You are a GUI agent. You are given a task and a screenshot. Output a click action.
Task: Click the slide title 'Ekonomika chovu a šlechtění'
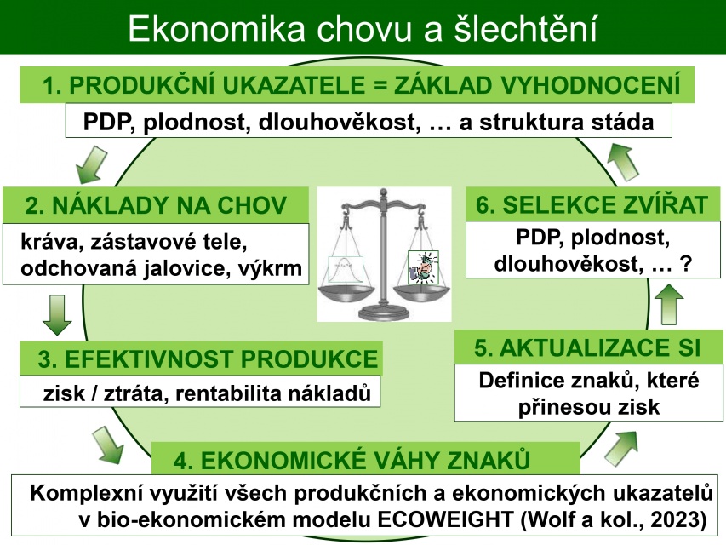[363, 29]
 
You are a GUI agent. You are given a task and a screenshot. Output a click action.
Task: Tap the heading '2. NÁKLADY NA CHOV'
[156, 205]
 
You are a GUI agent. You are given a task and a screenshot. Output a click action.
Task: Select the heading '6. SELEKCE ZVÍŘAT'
[592, 204]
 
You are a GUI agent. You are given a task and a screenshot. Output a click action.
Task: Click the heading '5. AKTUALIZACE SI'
[587, 347]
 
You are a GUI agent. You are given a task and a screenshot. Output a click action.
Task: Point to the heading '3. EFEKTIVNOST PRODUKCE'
[208, 359]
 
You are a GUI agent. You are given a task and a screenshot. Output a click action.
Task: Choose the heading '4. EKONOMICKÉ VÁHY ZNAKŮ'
[352, 460]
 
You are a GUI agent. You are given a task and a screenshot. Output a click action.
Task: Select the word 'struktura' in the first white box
[530, 123]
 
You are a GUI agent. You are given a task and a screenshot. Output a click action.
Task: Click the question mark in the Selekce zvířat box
[686, 264]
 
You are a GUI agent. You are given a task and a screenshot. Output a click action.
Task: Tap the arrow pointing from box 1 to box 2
[92, 164]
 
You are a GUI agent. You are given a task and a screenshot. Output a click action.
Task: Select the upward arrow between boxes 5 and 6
[670, 303]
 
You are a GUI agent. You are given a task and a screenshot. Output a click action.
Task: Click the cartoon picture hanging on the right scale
[423, 267]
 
